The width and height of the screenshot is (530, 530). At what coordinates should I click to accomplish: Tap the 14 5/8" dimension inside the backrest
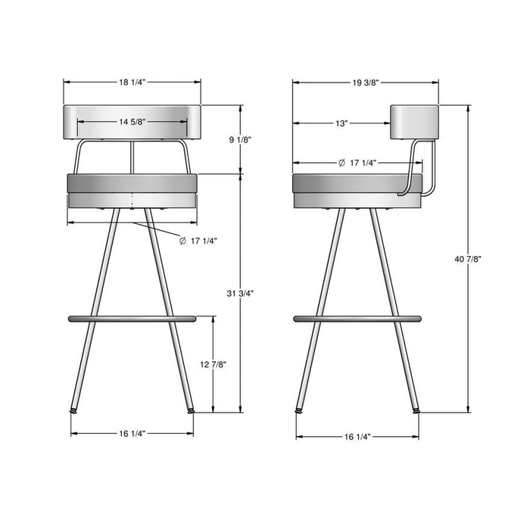click(132, 120)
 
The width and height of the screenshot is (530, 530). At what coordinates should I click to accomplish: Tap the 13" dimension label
click(341, 123)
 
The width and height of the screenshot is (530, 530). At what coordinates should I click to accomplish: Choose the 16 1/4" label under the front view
click(132, 433)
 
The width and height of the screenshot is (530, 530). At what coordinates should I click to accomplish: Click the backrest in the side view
click(415, 122)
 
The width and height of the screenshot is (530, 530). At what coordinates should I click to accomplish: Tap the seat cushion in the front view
click(132, 184)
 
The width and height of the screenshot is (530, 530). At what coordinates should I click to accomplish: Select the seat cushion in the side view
click(356, 184)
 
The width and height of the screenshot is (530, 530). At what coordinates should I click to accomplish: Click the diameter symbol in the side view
click(342, 163)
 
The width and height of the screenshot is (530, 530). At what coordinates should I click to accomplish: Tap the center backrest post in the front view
click(132, 157)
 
